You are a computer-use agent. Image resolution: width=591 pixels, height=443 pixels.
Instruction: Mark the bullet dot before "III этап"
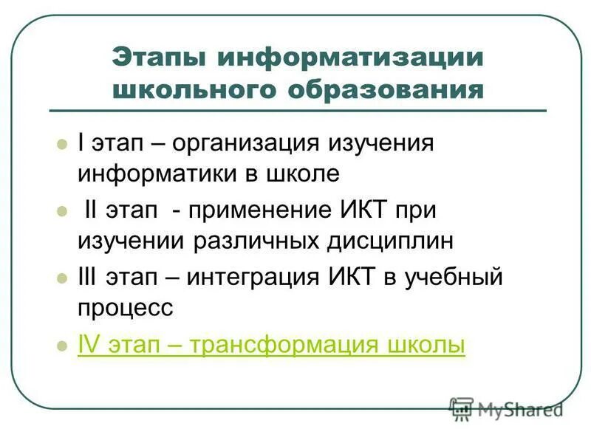coord(62,278)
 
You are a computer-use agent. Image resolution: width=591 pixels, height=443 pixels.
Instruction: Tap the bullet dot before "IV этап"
coord(62,346)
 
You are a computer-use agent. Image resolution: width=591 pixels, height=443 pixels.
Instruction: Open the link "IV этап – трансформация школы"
coord(271,346)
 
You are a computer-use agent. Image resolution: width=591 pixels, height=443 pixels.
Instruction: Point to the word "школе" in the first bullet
coord(303,174)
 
